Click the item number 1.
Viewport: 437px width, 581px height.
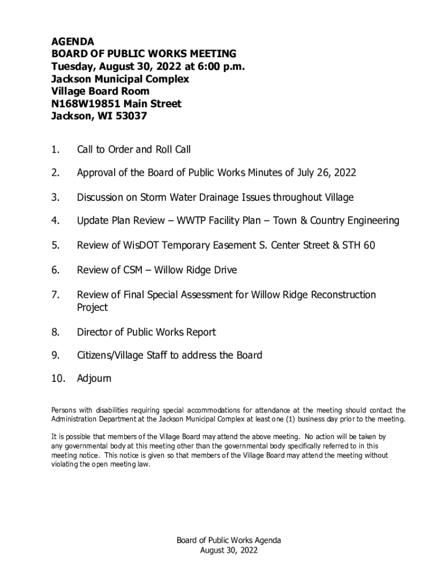point(55,150)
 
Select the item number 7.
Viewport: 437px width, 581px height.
point(55,295)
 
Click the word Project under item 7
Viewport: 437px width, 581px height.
point(93,308)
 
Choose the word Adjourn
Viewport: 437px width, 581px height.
point(94,378)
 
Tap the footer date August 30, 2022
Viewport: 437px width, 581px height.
point(229,550)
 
